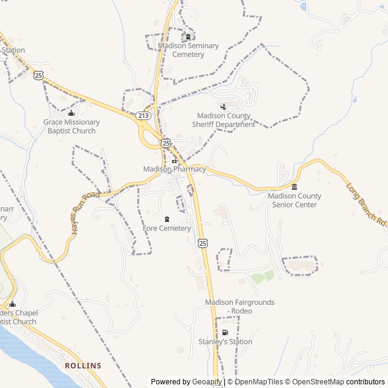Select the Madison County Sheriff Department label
(223, 120)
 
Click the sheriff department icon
(223, 107)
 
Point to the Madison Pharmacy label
(175, 169)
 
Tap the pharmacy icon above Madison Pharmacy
(175, 161)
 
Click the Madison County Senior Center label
(295, 200)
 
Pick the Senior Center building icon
(295, 187)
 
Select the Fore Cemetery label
(167, 229)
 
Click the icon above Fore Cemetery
(167, 219)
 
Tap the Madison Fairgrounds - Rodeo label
(239, 306)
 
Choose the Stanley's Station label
(225, 342)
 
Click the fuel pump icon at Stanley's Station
(225, 332)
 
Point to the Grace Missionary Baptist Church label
(72, 126)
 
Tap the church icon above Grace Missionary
(72, 113)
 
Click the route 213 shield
(143, 115)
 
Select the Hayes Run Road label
(84, 213)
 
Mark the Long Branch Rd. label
(367, 202)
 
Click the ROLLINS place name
(83, 366)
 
